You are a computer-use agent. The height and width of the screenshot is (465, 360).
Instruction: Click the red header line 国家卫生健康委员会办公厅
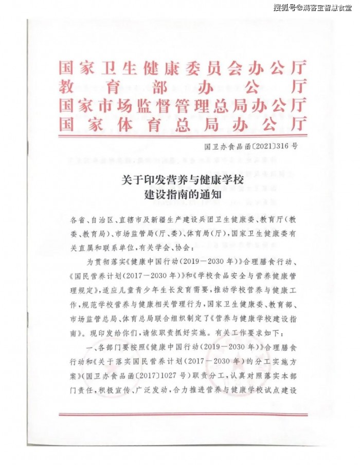pyautogui.click(x=183, y=68)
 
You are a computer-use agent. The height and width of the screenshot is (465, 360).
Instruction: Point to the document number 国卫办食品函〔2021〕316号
pyautogui.click(x=251, y=145)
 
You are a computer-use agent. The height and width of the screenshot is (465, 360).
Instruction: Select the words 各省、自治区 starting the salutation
pyautogui.click(x=88, y=220)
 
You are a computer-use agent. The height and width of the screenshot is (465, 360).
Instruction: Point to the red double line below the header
pyautogui.click(x=183, y=136)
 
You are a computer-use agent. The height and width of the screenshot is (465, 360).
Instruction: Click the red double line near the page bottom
pyautogui.click(x=183, y=414)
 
